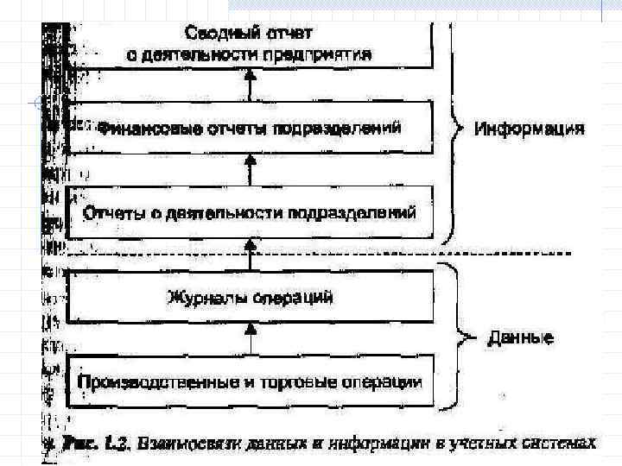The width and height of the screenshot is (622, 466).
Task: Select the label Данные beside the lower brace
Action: [520, 337]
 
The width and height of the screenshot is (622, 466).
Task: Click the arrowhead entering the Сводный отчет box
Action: [251, 75]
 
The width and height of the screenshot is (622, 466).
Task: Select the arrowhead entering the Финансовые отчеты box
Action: [251, 161]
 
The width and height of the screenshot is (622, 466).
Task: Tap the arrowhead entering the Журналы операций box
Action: [251, 329]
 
